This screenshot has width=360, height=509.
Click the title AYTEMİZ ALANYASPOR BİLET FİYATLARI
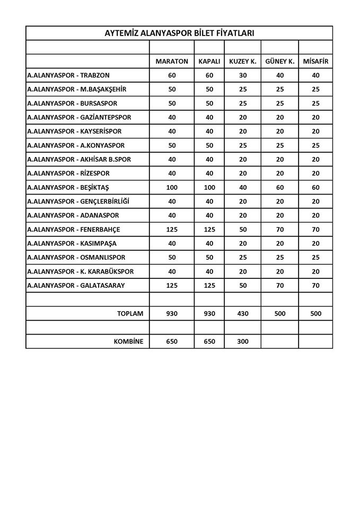coord(179,33)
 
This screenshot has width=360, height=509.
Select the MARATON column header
coord(172,62)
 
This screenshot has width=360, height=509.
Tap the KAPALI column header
coord(209,62)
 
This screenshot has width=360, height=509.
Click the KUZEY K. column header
coord(242,62)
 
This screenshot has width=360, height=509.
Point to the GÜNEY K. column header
coord(279,62)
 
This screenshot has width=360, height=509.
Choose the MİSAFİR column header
coord(315,62)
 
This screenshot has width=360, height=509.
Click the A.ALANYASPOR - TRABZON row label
coord(68,75)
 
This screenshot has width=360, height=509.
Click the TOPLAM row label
coord(130,313)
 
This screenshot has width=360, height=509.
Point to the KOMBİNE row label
coord(129,341)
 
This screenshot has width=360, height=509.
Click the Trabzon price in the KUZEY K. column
coord(242,75)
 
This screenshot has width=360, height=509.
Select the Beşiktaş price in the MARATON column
coord(172,188)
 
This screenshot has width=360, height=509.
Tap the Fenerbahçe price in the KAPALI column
coord(209,230)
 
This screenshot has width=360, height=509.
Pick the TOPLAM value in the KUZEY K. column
coord(242,313)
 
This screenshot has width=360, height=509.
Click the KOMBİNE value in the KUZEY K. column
coord(242,341)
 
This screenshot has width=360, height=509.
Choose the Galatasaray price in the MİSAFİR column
coord(315,286)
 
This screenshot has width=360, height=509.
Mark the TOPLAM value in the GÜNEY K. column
coord(279,313)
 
